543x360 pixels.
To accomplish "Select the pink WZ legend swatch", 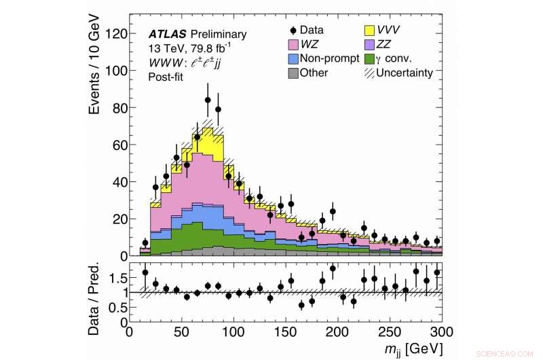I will tap(293, 44).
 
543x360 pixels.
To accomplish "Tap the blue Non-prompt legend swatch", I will tap(293, 58).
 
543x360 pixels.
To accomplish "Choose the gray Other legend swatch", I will tap(293, 73).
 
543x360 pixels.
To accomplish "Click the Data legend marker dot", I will tap(293, 30).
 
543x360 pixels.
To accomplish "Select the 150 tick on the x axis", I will tap(286, 333).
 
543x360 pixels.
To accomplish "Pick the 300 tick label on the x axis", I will tap(441, 333).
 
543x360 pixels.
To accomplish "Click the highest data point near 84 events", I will tap(208, 100).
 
